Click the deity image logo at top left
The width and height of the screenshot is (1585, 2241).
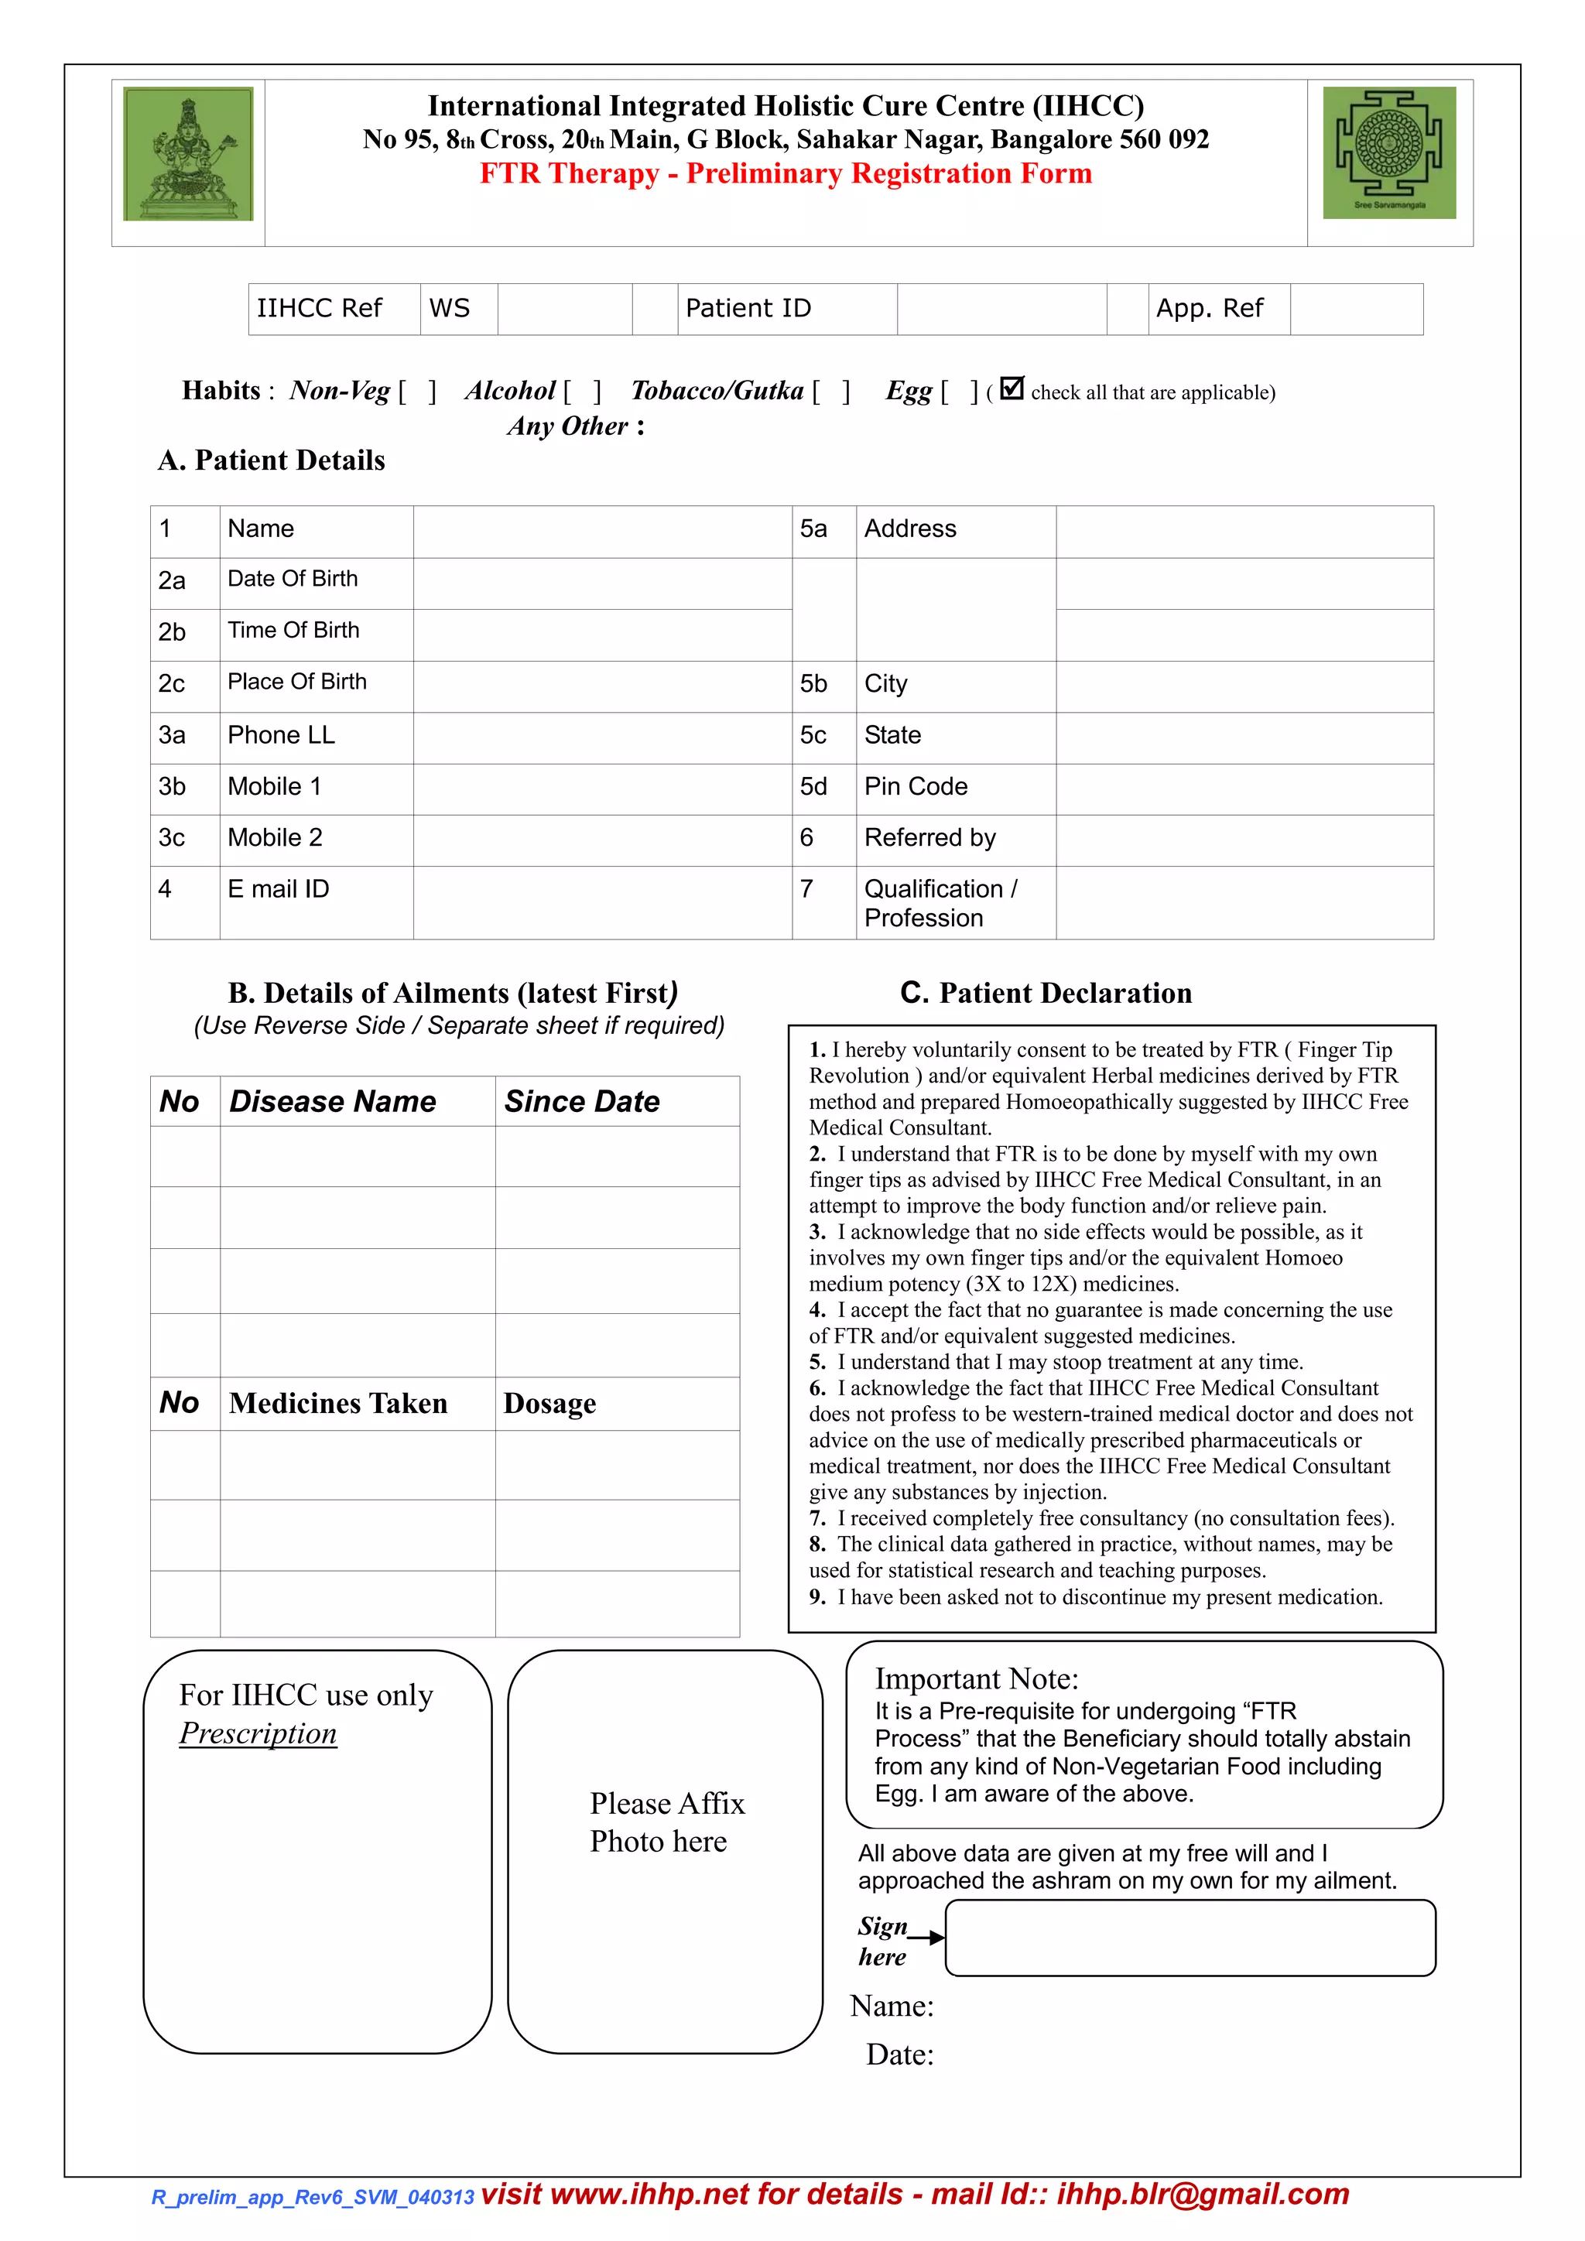click(187, 154)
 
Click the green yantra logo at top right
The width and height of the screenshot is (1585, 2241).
click(1389, 152)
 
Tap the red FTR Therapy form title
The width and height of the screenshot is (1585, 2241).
click(786, 174)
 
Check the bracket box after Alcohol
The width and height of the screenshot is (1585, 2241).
click(583, 392)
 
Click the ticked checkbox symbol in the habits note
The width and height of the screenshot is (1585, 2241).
click(1012, 388)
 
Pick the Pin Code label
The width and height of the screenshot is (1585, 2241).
click(916, 787)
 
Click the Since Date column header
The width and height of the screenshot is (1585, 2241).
click(583, 1102)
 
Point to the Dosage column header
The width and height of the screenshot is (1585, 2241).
click(549, 1404)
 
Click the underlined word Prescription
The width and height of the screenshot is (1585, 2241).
click(258, 1733)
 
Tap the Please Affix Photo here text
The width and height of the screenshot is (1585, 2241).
click(666, 1822)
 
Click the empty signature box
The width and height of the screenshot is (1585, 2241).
click(1190, 1938)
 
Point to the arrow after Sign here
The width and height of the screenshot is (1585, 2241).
click(927, 1938)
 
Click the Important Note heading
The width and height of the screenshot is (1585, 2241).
click(976, 1678)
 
